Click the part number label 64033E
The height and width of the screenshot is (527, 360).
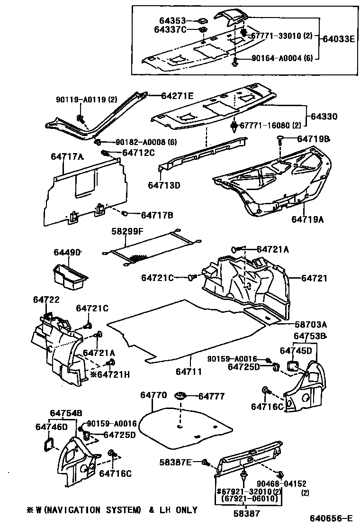(x=339, y=39)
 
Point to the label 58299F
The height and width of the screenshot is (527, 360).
(x=127, y=231)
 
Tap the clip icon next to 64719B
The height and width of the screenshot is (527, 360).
(x=281, y=139)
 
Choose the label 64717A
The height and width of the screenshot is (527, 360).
(x=67, y=157)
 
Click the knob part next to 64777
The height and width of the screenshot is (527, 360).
(x=180, y=396)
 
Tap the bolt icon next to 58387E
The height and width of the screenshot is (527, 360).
(x=205, y=462)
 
